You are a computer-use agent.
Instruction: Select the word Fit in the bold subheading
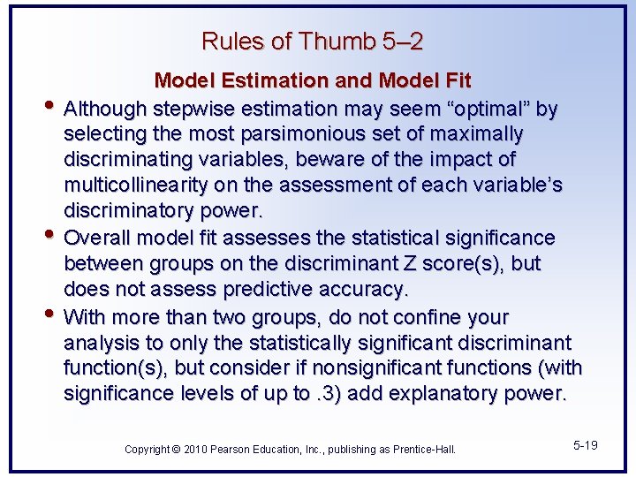456,81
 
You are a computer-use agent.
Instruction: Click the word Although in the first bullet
106,109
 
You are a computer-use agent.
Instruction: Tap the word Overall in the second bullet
97,238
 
